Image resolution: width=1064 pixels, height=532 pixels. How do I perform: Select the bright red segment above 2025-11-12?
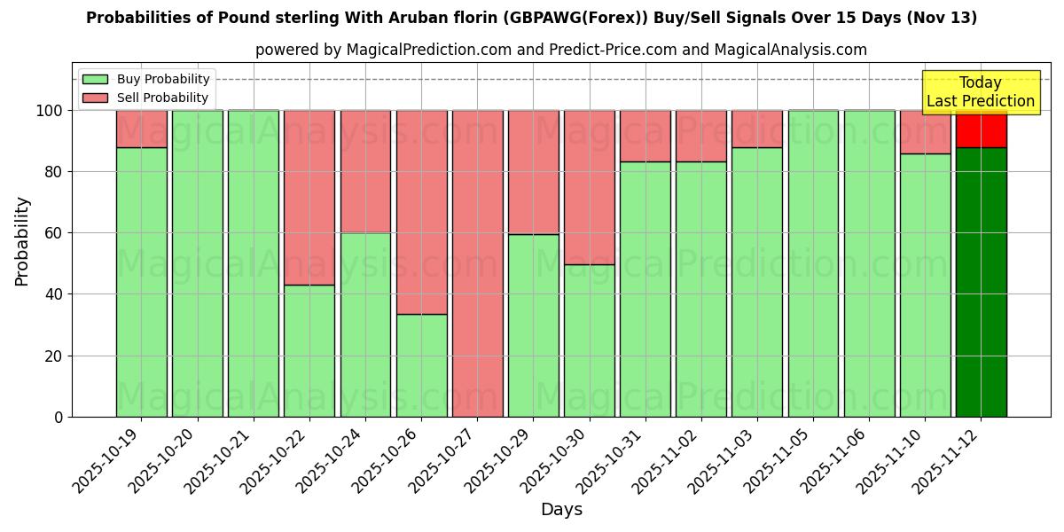(981, 129)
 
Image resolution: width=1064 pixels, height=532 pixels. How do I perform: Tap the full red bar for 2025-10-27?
(477, 263)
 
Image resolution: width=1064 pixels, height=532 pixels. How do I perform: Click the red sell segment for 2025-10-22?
(309, 197)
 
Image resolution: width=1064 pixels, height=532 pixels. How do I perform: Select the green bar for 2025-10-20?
(197, 263)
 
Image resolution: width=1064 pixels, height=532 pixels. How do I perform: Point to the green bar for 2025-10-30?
(589, 340)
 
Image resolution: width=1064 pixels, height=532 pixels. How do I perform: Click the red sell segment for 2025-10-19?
(141, 129)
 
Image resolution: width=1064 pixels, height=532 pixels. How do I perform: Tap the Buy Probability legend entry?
(146, 79)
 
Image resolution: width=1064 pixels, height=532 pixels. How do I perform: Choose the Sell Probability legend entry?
(146, 98)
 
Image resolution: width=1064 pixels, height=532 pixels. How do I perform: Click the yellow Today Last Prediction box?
(980, 92)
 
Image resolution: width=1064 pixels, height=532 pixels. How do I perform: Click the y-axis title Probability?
(22, 241)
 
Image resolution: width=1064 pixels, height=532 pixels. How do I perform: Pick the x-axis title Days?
(561, 510)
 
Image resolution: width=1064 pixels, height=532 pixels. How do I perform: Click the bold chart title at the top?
(531, 18)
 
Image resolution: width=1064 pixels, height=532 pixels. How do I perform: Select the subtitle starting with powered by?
(560, 50)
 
